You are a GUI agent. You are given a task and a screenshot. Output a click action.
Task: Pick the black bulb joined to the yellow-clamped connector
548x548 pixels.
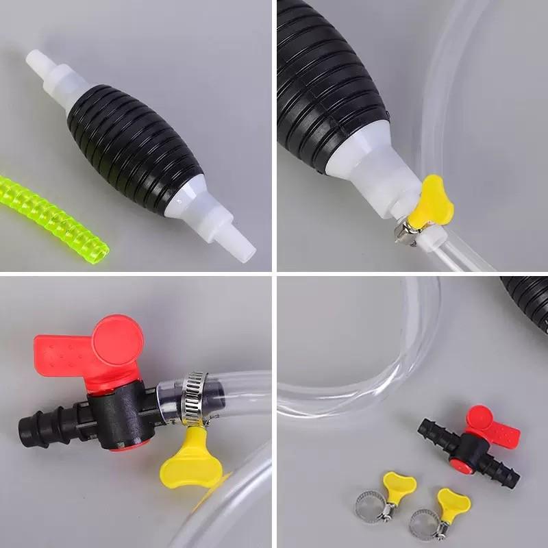(329, 75)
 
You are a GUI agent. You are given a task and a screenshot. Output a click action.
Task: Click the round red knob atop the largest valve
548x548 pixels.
(118, 340)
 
